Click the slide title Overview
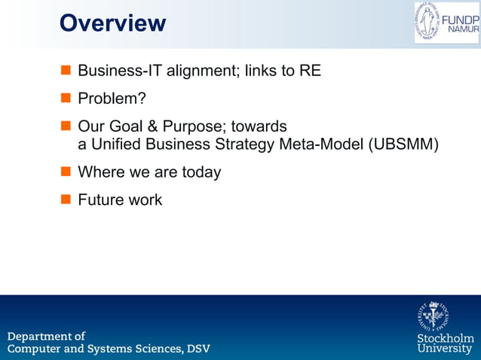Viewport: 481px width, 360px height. coord(112,23)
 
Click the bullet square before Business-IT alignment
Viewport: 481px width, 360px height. coord(65,72)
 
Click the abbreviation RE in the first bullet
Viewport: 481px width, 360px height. coord(310,72)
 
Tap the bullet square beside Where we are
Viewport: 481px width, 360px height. coord(65,172)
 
